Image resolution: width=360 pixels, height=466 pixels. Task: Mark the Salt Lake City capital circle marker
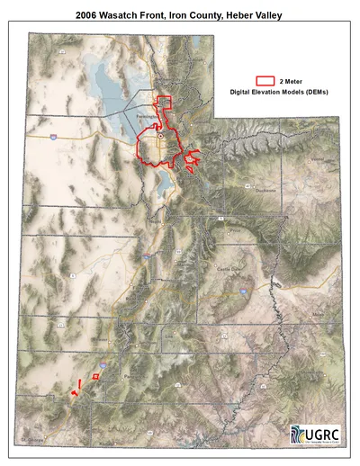point(161,135)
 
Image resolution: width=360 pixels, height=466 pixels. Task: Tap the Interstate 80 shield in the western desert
point(54,135)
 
